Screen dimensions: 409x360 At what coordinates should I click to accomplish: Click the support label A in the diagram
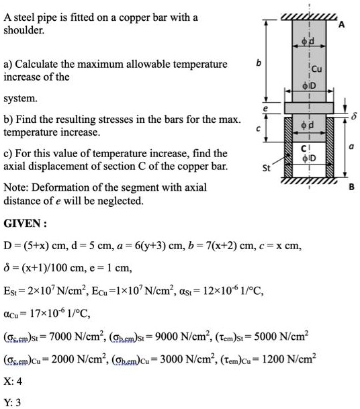pyautogui.click(x=341, y=25)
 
